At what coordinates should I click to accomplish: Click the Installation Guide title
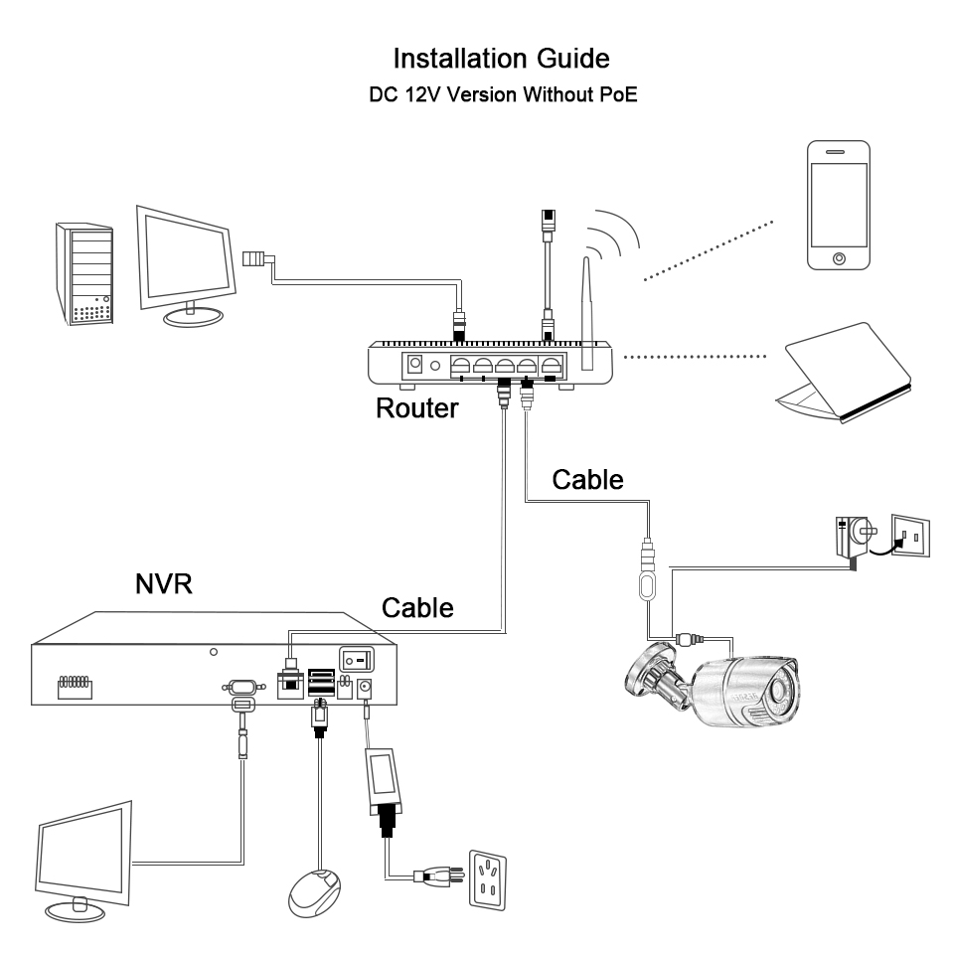coord(501,58)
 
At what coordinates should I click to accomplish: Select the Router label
coord(417,407)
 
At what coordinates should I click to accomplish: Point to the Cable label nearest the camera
coord(587,479)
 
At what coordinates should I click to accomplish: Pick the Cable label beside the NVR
coord(417,606)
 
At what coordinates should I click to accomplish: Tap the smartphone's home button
coord(840,258)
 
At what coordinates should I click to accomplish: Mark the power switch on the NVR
coord(356,658)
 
